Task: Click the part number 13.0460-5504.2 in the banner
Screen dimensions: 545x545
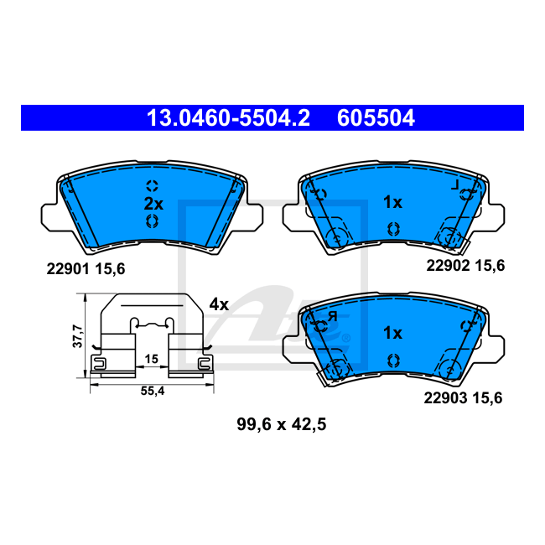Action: [228, 118]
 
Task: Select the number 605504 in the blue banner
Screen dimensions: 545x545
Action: [376, 118]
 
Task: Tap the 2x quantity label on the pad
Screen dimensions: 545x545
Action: [153, 204]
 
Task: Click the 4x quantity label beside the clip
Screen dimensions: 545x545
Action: [219, 304]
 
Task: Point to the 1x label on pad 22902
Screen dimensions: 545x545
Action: [392, 202]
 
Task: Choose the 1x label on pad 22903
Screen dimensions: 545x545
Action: [392, 333]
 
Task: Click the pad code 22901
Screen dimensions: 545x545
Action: [69, 269]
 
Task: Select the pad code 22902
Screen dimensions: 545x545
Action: [448, 266]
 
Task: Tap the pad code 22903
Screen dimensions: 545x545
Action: [445, 398]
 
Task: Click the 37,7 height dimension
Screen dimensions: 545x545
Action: [77, 335]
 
